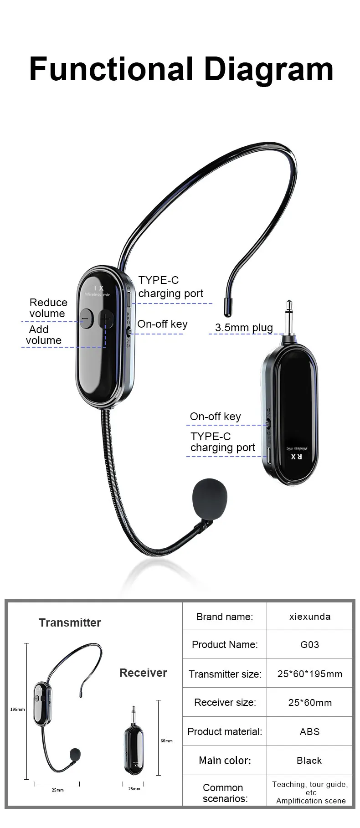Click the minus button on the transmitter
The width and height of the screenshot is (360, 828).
coord(85,319)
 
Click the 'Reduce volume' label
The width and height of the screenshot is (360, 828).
coord(48,308)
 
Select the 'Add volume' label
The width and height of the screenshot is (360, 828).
coord(44,335)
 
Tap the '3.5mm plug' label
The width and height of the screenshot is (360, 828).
coord(244,328)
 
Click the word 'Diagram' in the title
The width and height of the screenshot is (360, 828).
coord(269,69)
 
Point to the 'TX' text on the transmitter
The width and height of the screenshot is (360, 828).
coord(98,288)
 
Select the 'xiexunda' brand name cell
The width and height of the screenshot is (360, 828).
coord(310,617)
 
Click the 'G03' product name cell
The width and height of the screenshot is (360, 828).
coord(310,644)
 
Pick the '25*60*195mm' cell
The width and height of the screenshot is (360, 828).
coord(310,674)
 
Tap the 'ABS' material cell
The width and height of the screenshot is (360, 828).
coord(310,731)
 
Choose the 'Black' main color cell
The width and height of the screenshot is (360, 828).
coord(309,760)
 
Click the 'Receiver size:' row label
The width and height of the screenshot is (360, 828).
coord(225,702)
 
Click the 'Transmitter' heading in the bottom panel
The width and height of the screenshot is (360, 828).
coord(70,622)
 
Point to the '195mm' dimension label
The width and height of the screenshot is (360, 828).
coord(18,710)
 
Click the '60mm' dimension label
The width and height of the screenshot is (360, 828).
coord(166,741)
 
